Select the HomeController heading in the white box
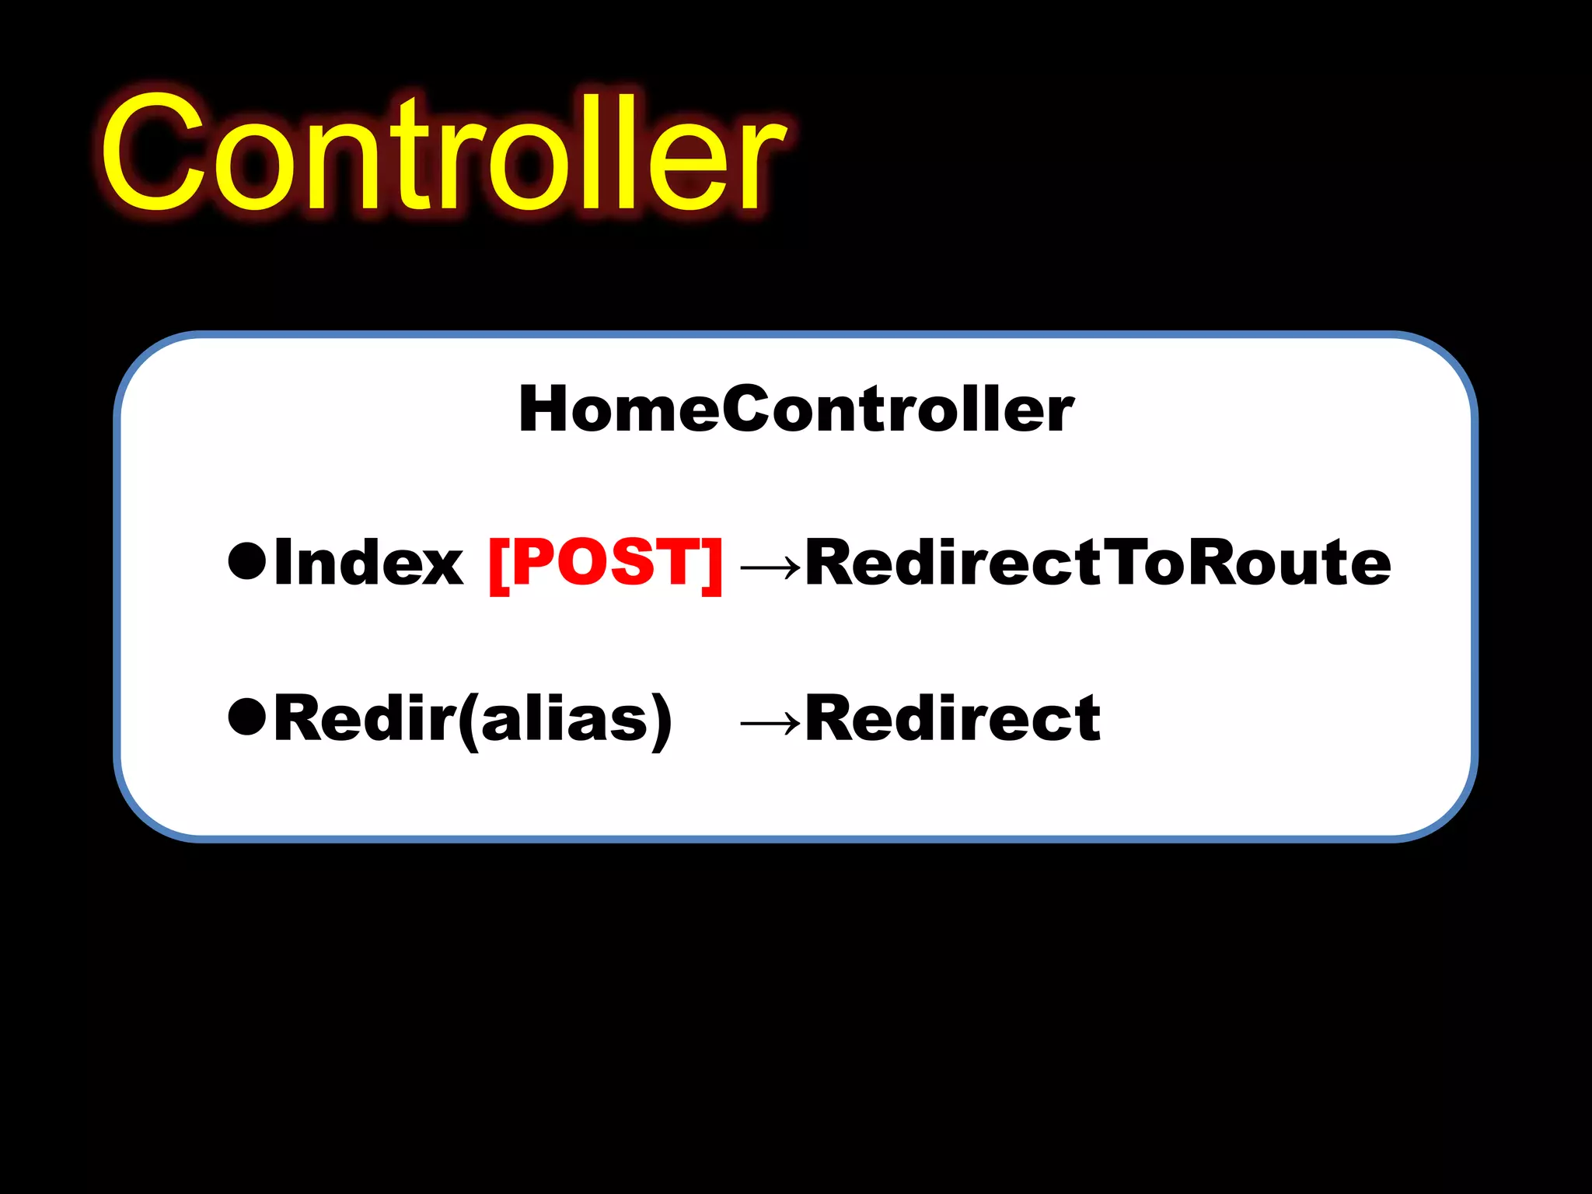[796, 410]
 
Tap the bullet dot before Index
[248, 561]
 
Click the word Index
[368, 562]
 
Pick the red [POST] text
[606, 562]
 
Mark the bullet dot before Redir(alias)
[248, 717]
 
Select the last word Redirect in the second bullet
[953, 717]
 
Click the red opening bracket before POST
[498, 564]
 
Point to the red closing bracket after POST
[712, 564]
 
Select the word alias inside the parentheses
[564, 717]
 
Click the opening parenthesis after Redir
[468, 721]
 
